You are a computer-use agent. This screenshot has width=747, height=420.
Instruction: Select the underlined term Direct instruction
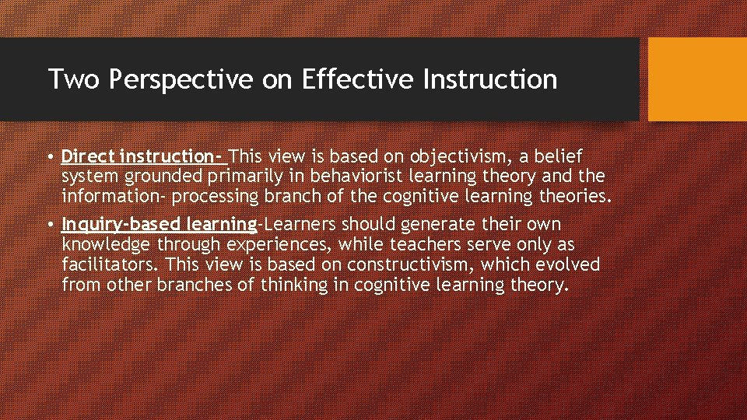(x=144, y=157)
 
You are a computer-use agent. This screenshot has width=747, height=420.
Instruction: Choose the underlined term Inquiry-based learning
(x=159, y=226)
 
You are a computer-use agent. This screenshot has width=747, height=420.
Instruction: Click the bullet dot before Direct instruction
(x=50, y=158)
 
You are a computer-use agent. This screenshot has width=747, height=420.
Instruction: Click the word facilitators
(x=110, y=264)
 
